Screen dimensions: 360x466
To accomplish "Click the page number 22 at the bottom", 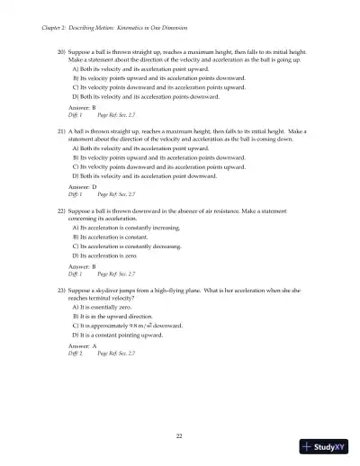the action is pos(180,435).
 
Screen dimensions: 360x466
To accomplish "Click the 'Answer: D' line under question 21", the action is pos(81,185).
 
